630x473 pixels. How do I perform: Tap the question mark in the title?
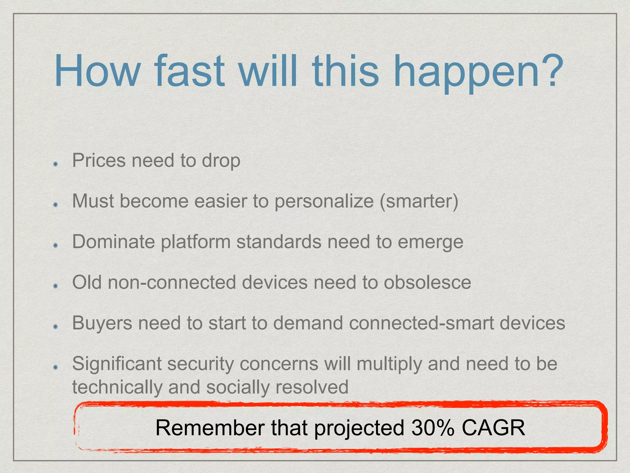pyautogui.click(x=551, y=71)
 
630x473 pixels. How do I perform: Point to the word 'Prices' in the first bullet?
pyautogui.click(x=99, y=160)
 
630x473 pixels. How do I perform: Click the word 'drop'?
pyautogui.click(x=221, y=161)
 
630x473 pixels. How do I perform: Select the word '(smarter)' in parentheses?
pyautogui.click(x=419, y=201)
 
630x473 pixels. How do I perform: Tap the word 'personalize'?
pyautogui.click(x=324, y=202)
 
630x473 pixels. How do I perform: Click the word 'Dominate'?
pyautogui.click(x=114, y=242)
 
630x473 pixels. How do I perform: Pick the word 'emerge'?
pyautogui.click(x=430, y=243)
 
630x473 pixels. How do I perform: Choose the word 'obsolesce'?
pyautogui.click(x=427, y=282)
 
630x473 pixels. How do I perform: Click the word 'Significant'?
pyautogui.click(x=117, y=364)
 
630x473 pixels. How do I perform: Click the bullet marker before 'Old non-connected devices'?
pyautogui.click(x=55, y=286)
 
